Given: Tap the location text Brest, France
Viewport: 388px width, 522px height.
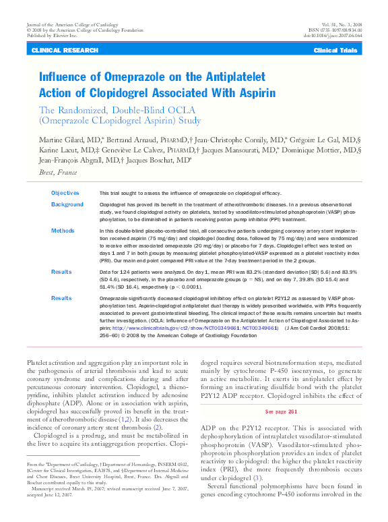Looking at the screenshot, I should click(58, 173).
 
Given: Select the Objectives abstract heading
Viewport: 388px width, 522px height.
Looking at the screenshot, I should click(65, 193).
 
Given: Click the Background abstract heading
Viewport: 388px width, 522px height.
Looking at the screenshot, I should click(67, 204).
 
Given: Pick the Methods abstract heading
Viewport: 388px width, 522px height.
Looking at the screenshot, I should click(63, 231).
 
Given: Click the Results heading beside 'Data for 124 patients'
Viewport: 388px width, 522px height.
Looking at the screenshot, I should click(62, 272).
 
